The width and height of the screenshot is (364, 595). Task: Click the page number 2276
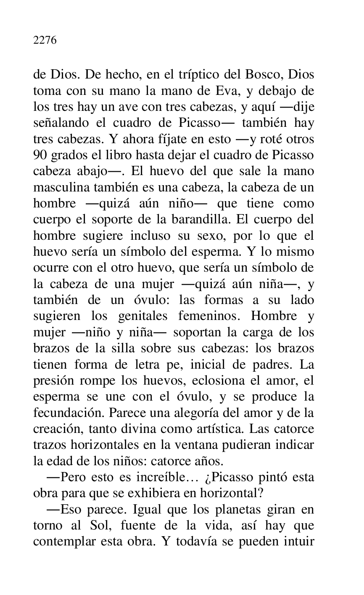coord(45,41)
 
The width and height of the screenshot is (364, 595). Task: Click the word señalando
coord(61,123)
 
